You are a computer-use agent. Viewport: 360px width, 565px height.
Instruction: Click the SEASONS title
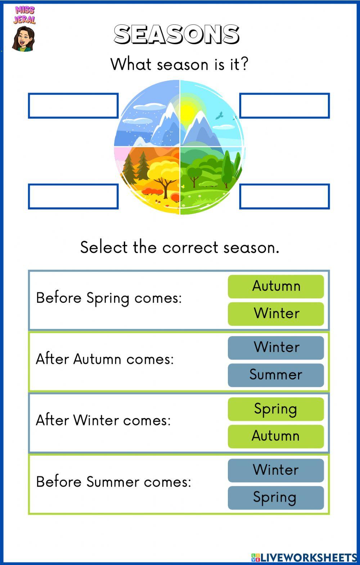[x=176, y=35]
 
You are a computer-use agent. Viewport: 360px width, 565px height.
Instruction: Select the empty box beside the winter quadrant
[x=73, y=106]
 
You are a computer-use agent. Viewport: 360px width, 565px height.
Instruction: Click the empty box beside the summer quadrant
[x=284, y=106]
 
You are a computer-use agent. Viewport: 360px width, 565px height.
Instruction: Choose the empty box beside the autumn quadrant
[x=73, y=196]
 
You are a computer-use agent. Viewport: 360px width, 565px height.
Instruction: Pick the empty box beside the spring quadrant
[x=284, y=196]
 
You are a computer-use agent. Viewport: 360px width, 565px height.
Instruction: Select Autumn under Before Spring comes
[x=276, y=286]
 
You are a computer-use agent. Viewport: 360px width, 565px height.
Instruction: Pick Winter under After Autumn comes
[x=276, y=348]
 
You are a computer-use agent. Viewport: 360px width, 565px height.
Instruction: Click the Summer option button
[x=276, y=375]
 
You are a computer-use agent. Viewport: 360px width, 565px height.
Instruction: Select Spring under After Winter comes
[x=276, y=409]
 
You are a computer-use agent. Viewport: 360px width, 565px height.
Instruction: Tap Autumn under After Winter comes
[x=276, y=436]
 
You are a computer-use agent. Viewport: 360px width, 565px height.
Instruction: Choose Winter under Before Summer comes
[x=276, y=470]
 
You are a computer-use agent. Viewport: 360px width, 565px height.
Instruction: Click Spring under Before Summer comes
[x=276, y=498]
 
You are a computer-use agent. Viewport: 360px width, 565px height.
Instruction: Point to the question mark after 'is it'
[x=244, y=64]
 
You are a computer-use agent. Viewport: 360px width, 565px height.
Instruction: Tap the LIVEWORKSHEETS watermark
[x=304, y=557]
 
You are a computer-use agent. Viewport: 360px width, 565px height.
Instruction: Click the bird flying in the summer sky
[x=219, y=116]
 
